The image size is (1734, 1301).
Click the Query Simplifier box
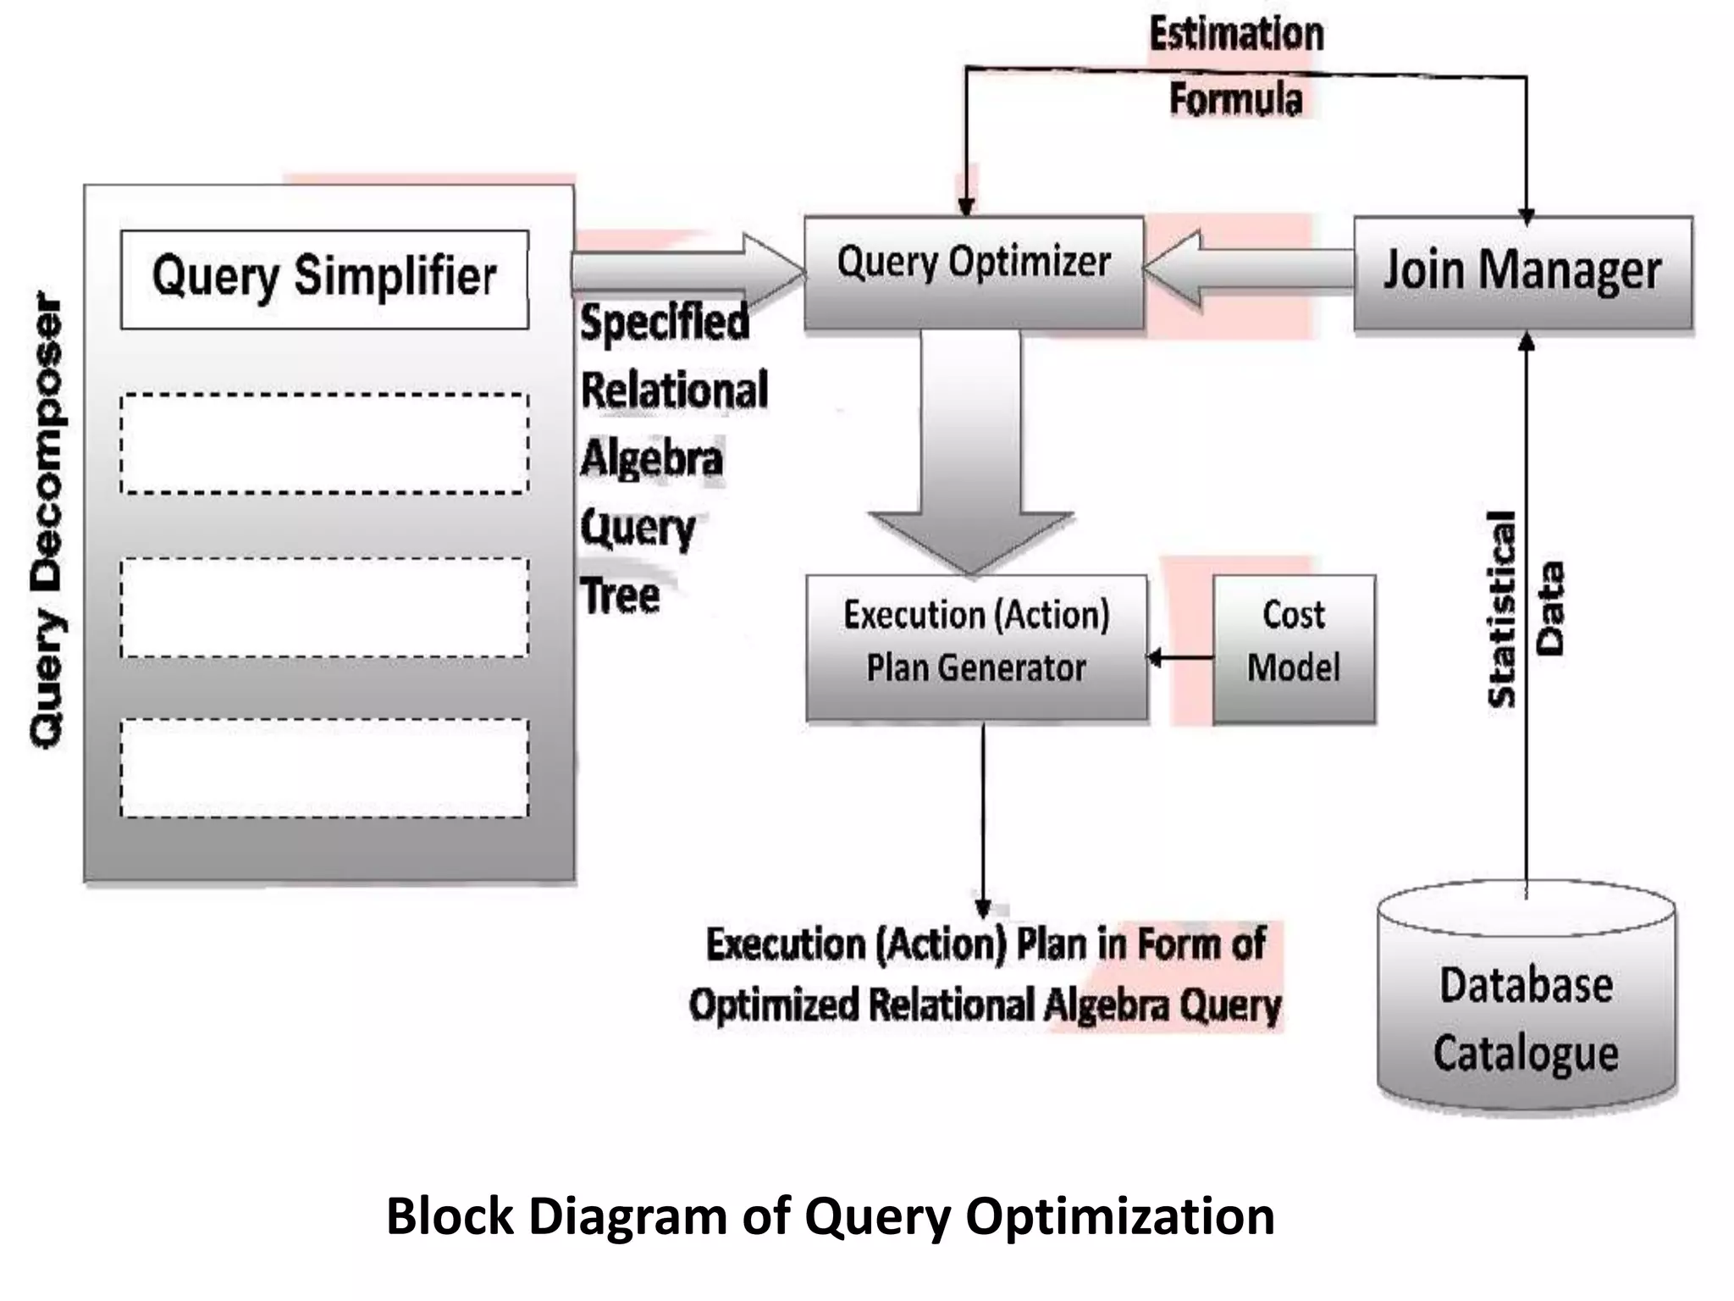tap(324, 279)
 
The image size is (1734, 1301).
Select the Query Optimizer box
tap(974, 272)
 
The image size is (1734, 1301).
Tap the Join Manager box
tap(1522, 272)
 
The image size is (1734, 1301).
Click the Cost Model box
tap(1293, 649)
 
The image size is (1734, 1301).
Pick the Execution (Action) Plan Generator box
tap(976, 649)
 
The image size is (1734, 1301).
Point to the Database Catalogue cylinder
tap(1526, 1008)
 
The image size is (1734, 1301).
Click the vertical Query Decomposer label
tap(47, 521)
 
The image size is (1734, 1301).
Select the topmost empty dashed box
tap(324, 443)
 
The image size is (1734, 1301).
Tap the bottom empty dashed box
tap(324, 767)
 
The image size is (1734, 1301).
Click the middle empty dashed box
tap(324, 607)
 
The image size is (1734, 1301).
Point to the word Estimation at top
tap(1235, 35)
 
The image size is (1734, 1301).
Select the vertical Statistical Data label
tap(1525, 608)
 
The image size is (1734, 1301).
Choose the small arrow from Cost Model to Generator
tap(1180, 657)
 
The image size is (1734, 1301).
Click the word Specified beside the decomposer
tap(665, 322)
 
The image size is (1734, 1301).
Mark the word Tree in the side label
tap(620, 595)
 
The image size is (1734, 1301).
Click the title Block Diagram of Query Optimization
tap(830, 1216)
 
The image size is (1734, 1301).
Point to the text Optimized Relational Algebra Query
tap(984, 1005)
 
